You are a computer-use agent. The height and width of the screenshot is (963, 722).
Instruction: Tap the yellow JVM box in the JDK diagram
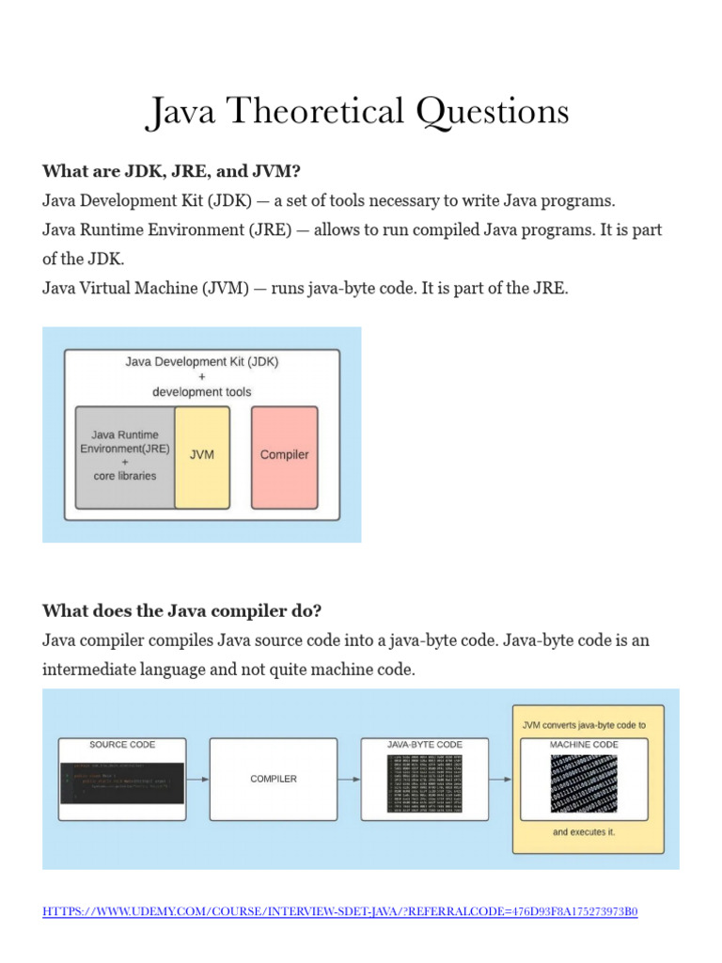click(x=202, y=455)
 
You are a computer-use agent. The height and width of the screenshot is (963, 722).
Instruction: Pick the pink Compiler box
click(x=284, y=455)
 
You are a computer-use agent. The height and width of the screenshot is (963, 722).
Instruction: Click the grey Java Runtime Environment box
click(x=125, y=455)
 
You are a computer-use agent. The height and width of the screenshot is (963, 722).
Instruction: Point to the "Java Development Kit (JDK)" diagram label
click(x=201, y=360)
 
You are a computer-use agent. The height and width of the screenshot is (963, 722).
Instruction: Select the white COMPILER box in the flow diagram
click(x=273, y=779)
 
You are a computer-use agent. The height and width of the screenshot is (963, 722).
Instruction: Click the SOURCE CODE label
click(x=122, y=745)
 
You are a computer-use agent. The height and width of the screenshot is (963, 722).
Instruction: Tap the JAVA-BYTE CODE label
click(x=425, y=745)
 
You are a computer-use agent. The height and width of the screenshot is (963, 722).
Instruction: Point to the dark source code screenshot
click(x=122, y=781)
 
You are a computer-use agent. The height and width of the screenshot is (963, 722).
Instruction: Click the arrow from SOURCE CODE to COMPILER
click(x=197, y=779)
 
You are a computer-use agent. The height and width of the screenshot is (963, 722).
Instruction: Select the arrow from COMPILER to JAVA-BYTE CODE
click(x=349, y=779)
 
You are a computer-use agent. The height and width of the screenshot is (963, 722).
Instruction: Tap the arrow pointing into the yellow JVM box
click(x=500, y=779)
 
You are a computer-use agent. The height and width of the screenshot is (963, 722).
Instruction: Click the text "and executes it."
click(x=585, y=832)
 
